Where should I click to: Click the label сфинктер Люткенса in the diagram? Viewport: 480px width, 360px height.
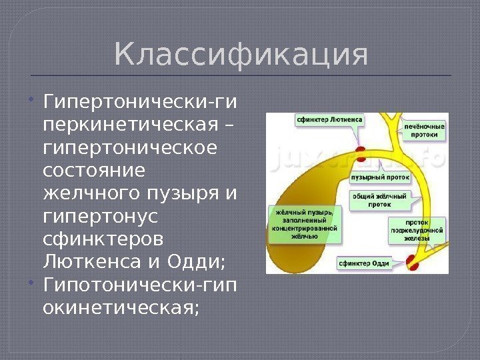coord(329,121)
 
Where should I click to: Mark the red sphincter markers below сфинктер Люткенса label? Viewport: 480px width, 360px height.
coord(361,154)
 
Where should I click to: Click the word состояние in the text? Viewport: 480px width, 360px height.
coord(93,169)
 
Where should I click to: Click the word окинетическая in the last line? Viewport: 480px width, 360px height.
coord(120,309)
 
